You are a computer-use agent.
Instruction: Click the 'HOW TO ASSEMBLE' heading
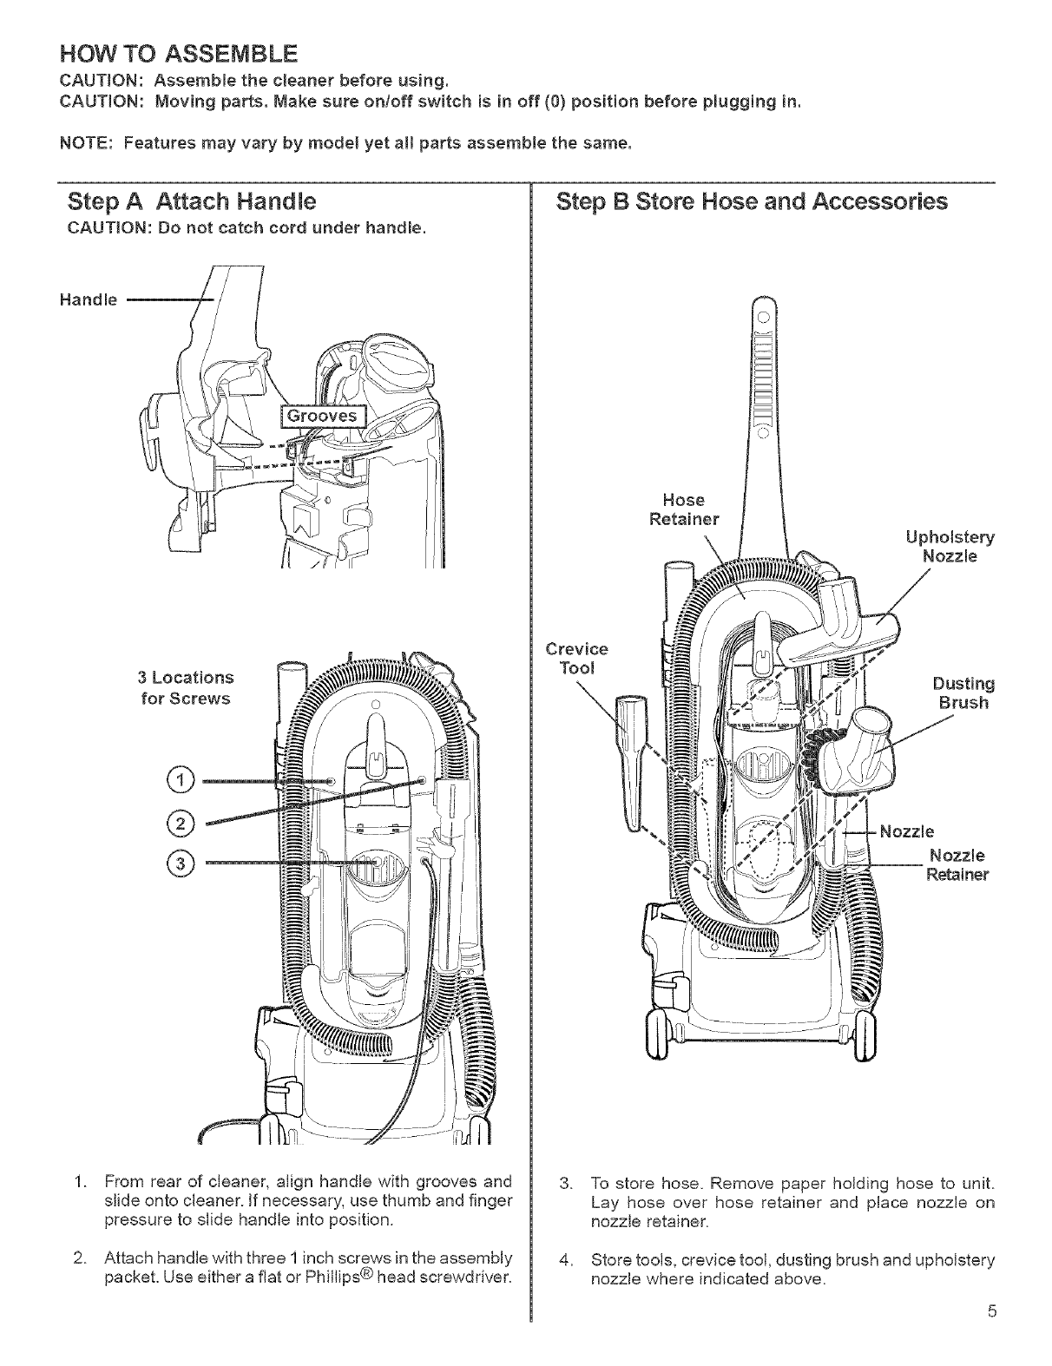click(177, 55)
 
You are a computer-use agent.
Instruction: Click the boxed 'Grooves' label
click(322, 417)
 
